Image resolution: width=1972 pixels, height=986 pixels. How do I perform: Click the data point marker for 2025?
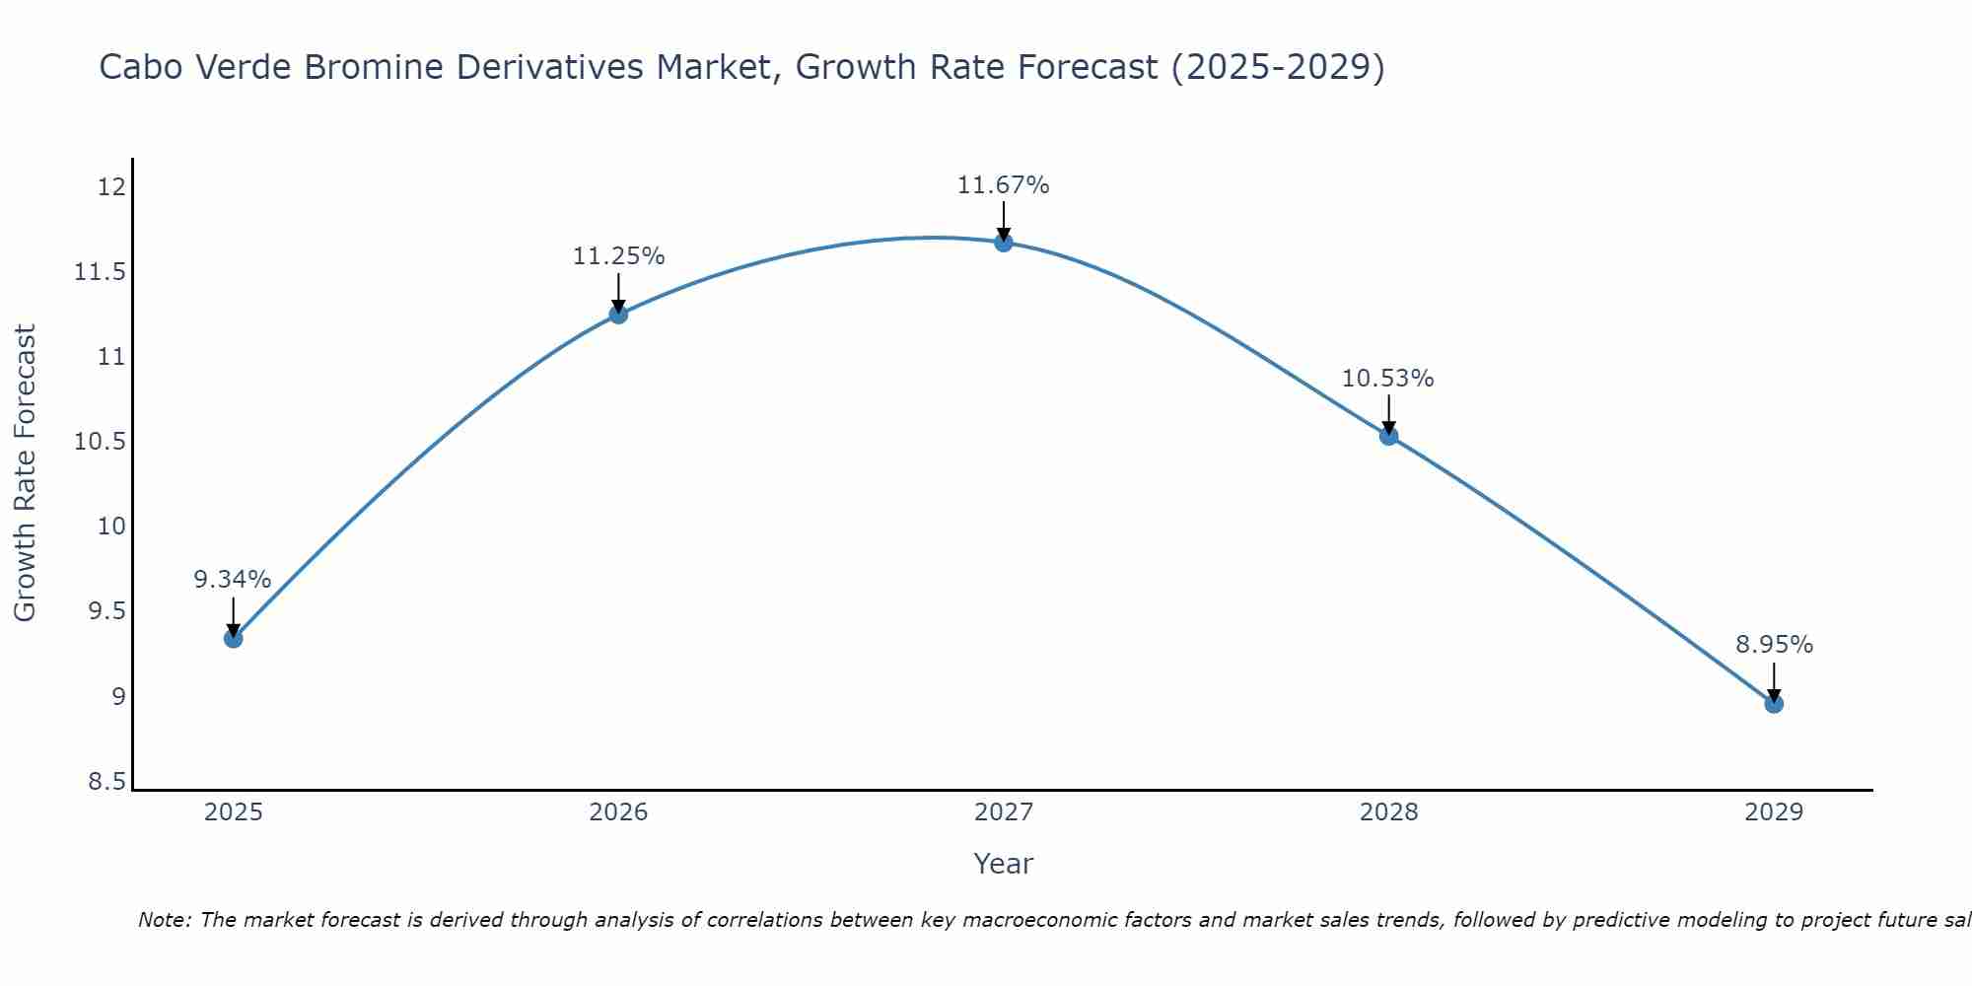click(233, 638)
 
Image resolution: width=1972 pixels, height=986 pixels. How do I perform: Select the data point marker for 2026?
click(618, 315)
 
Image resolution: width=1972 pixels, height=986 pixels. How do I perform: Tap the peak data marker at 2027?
click(1004, 243)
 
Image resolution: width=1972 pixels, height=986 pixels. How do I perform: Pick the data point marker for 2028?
click(1388, 436)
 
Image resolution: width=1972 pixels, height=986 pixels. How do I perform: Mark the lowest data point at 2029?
click(1774, 703)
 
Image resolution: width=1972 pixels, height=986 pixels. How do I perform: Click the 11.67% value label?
click(1003, 185)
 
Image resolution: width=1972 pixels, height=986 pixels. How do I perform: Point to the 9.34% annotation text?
click(232, 580)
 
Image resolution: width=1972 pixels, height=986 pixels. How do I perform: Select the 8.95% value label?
click(1774, 645)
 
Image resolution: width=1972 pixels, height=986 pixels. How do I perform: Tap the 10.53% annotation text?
click(1387, 379)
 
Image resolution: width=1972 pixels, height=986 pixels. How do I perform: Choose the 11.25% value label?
click(618, 256)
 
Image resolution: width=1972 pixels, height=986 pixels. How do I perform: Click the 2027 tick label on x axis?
click(1003, 812)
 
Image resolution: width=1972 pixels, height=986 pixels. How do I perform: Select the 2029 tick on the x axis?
click(1774, 812)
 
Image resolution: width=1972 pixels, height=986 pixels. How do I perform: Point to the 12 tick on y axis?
click(112, 186)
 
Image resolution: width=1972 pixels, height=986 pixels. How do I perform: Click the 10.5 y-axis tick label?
click(101, 442)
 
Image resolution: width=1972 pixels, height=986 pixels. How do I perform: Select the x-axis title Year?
click(1003, 864)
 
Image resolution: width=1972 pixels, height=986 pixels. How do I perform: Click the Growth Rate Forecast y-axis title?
click(25, 473)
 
